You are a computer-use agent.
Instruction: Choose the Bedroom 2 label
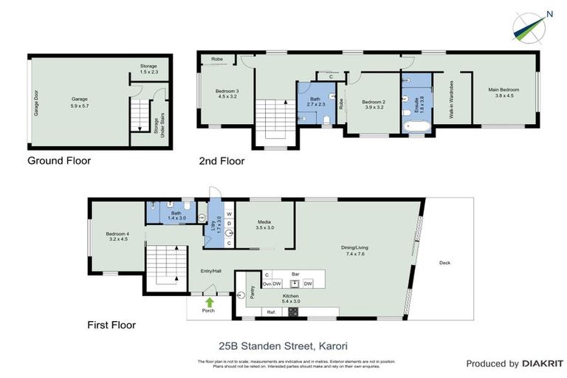375,103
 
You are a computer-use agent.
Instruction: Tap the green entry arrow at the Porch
210,302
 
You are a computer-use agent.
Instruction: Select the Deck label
444,263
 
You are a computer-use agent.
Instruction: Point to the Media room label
265,224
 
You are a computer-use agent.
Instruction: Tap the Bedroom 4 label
117,235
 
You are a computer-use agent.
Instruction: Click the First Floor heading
111,324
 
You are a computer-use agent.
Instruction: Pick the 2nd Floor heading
221,160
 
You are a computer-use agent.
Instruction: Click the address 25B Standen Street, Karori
283,345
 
